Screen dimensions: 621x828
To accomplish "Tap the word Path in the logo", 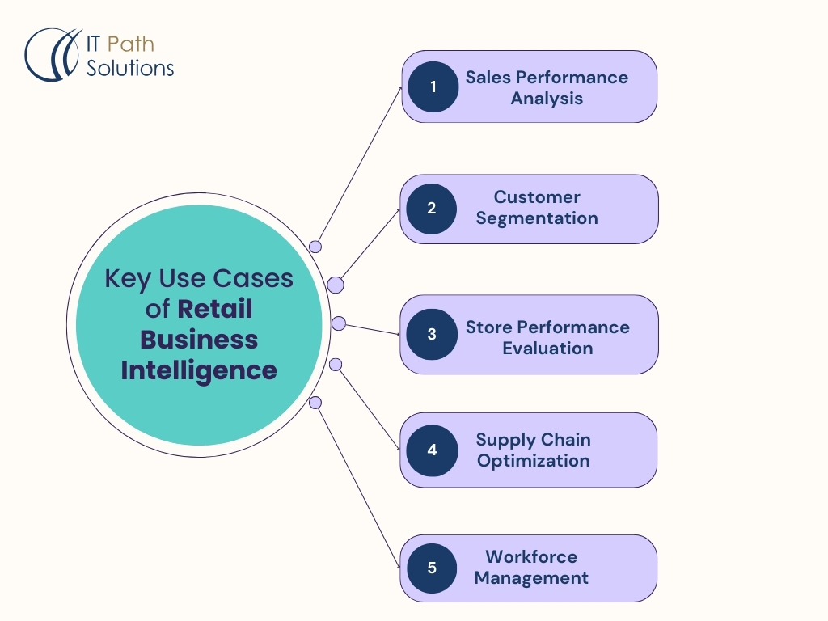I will click(x=130, y=44).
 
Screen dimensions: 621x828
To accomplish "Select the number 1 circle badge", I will click(x=433, y=87).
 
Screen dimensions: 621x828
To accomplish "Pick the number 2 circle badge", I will click(x=432, y=208).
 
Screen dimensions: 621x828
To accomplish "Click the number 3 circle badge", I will click(x=432, y=333).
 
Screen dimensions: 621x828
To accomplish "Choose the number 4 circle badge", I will click(x=432, y=450).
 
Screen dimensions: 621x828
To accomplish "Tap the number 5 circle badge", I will click(x=432, y=568).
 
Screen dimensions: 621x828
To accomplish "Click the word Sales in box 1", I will click(x=488, y=78).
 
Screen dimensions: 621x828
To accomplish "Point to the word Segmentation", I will click(x=537, y=218).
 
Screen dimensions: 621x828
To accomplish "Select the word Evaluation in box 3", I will click(x=547, y=349).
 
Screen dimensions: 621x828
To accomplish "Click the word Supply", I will click(x=501, y=440).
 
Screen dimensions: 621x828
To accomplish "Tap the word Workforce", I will click(x=531, y=557).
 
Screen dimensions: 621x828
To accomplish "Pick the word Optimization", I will click(x=533, y=461).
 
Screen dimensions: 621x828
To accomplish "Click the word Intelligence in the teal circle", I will click(x=199, y=370).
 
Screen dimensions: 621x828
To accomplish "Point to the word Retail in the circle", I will click(x=215, y=309).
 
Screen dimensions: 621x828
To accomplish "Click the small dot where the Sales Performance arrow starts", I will click(x=315, y=247).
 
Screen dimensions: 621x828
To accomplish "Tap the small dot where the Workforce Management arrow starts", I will click(x=315, y=403).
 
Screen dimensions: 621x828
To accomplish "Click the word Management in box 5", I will click(x=531, y=578).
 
